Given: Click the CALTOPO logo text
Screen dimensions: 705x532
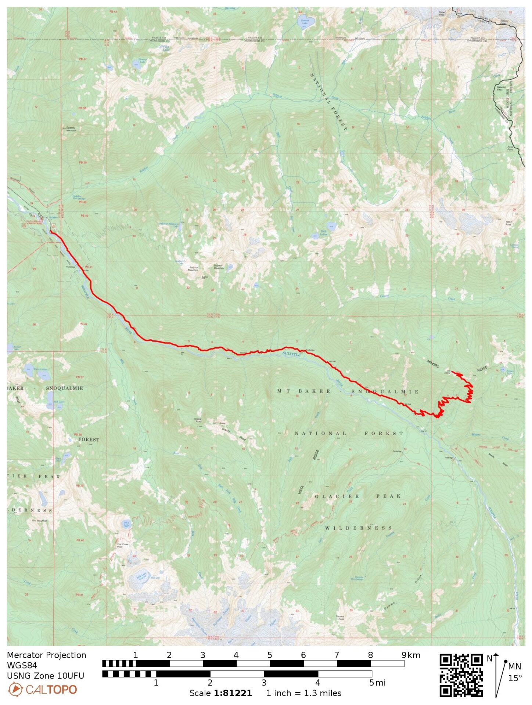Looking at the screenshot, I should (x=51, y=690).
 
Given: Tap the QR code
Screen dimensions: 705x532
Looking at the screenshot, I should (x=461, y=675).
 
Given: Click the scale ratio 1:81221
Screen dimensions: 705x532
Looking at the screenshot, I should (x=233, y=693).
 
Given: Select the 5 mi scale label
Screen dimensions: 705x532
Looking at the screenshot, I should (x=377, y=683).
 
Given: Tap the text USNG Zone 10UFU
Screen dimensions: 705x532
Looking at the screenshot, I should (x=45, y=676).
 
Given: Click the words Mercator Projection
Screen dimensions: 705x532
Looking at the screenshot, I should (x=46, y=655).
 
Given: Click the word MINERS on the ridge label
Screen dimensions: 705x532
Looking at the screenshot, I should (x=433, y=364).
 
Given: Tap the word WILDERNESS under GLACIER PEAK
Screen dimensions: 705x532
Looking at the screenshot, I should (x=358, y=528).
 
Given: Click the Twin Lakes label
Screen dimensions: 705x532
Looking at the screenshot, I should (x=40, y=369).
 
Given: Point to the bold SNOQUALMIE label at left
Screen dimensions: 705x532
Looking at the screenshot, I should (x=64, y=388).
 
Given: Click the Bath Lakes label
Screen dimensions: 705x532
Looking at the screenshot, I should (x=323, y=233).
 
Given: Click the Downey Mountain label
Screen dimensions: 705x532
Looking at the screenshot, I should (x=71, y=129).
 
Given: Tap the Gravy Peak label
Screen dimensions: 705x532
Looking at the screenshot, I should (x=197, y=420).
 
